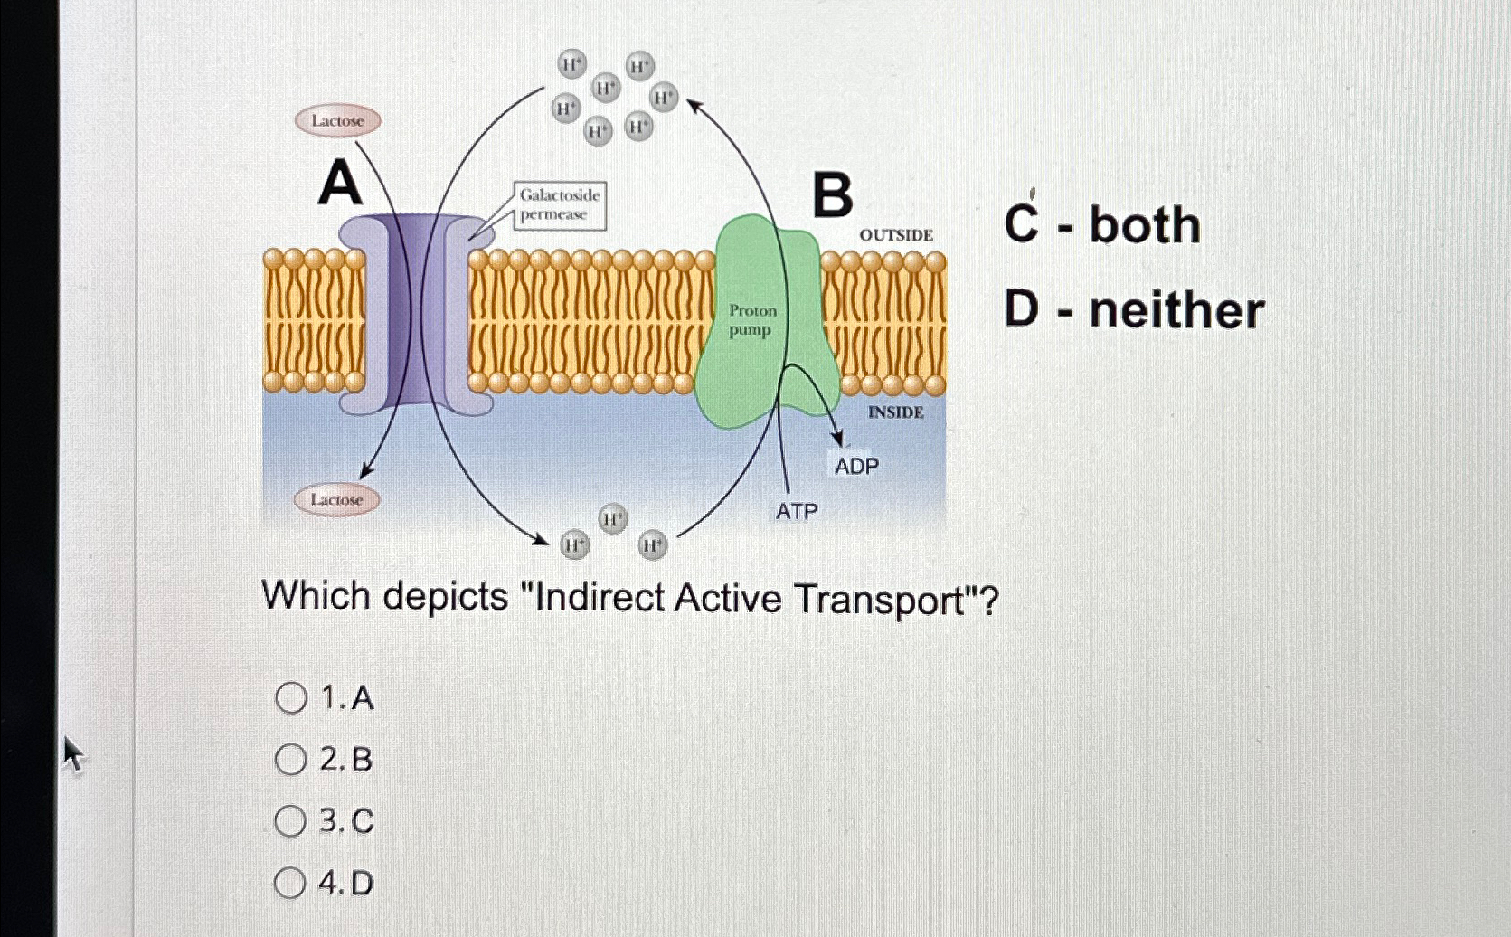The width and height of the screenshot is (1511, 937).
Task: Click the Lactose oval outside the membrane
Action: click(x=337, y=120)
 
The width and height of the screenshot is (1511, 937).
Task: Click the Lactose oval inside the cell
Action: click(x=336, y=499)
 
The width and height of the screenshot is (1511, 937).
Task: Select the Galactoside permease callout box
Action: click(x=560, y=205)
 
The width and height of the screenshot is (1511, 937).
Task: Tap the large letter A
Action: click(x=340, y=184)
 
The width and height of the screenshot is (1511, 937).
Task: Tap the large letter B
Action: click(x=832, y=195)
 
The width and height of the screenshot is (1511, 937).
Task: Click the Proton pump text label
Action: click(x=752, y=320)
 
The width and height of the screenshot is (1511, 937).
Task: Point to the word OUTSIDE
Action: click(x=896, y=235)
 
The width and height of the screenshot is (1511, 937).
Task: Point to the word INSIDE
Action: click(x=895, y=412)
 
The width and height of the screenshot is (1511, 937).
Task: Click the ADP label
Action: click(x=856, y=467)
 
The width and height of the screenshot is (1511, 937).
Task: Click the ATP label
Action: click(x=796, y=512)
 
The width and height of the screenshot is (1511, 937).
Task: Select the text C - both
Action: click(x=1102, y=224)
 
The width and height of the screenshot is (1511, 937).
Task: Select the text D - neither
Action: click(x=1134, y=310)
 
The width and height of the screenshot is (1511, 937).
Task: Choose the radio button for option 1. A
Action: click(x=291, y=697)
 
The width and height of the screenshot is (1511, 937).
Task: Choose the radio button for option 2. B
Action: click(x=291, y=760)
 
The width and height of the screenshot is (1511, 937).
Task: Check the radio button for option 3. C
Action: click(x=291, y=821)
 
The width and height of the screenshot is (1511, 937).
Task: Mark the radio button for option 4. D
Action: click(x=290, y=883)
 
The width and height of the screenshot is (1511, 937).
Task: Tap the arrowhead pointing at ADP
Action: click(x=836, y=440)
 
